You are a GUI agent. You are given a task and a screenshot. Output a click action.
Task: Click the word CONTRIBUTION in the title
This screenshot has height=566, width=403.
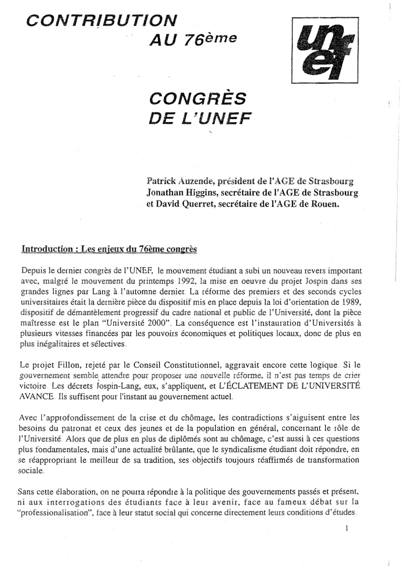tap(101, 20)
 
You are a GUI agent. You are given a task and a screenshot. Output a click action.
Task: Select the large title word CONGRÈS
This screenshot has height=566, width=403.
tap(197, 100)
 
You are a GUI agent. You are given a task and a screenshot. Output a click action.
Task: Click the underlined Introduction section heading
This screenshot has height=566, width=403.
tap(109, 250)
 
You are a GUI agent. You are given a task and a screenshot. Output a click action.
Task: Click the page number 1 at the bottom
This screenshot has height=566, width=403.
tap(347, 529)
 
